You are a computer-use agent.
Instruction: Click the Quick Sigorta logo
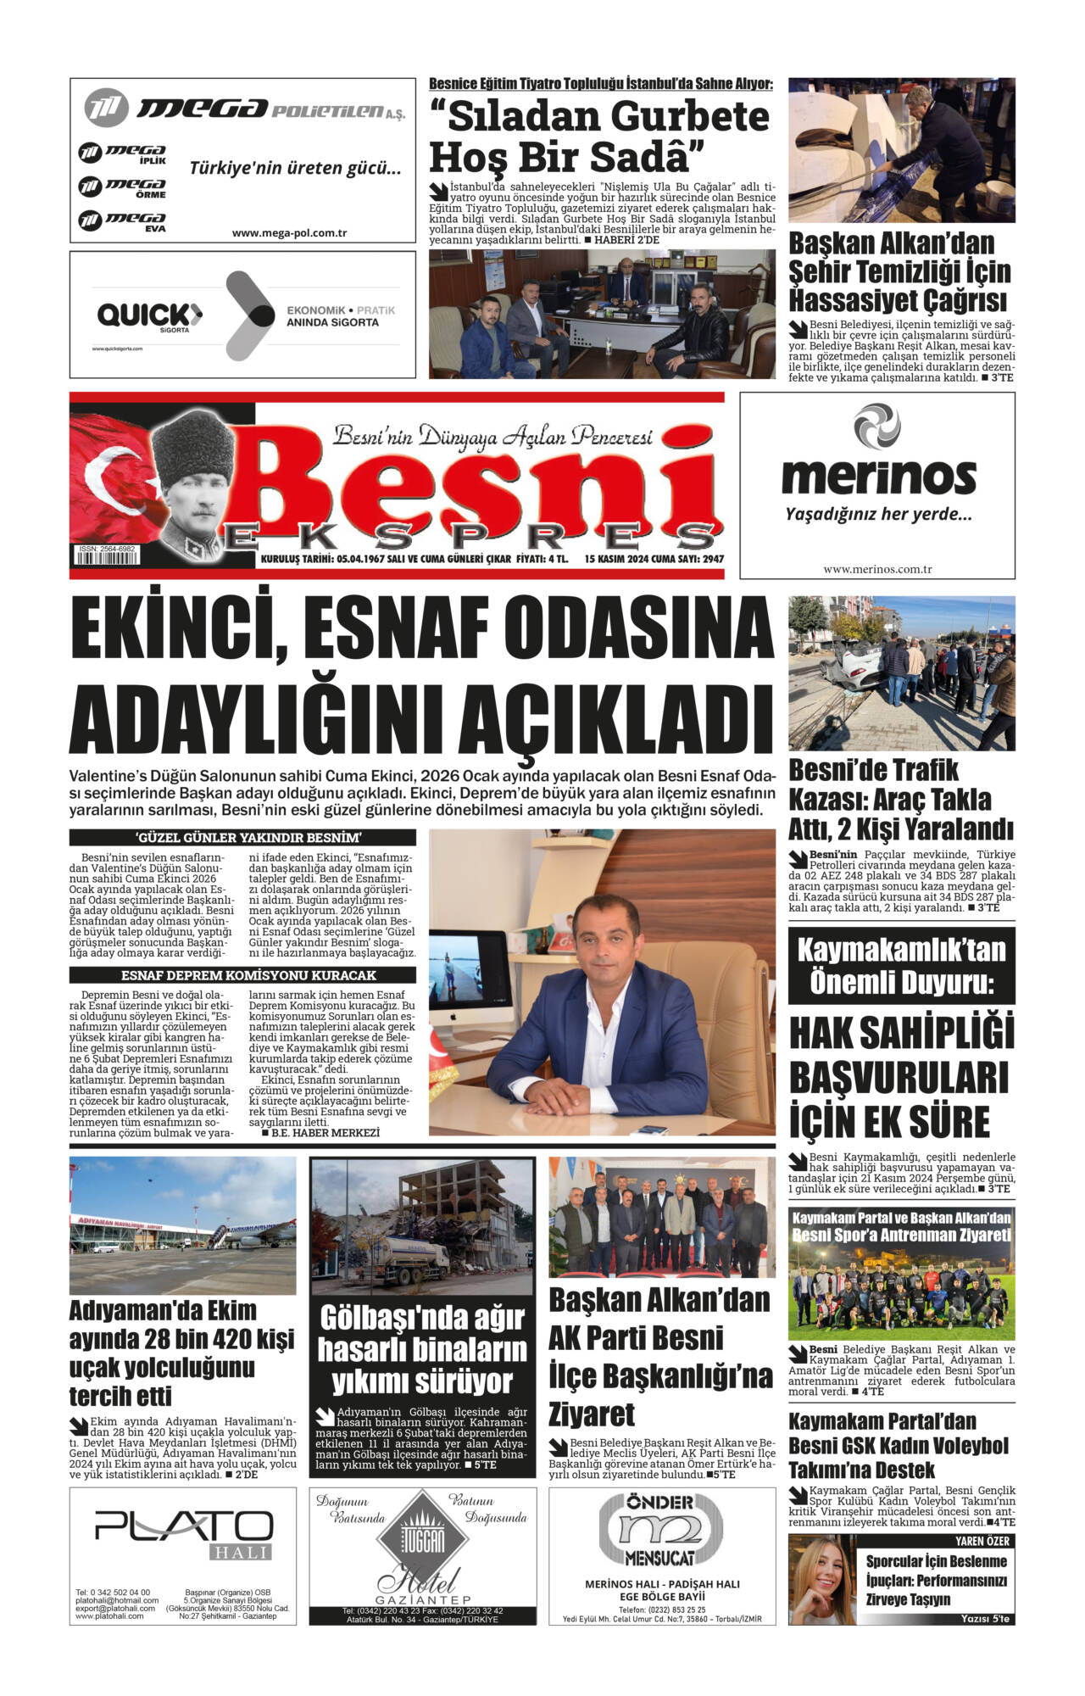(149, 316)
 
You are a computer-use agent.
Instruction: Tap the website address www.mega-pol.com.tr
(289, 232)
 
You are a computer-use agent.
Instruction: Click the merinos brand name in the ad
(878, 475)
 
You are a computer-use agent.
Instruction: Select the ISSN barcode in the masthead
(108, 559)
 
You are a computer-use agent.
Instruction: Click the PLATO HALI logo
(183, 1527)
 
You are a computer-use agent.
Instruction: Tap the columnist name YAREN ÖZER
(982, 1541)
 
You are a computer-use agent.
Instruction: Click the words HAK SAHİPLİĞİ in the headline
(901, 1034)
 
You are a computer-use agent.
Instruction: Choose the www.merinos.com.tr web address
(877, 569)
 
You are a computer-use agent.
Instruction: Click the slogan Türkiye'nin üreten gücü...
(295, 168)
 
